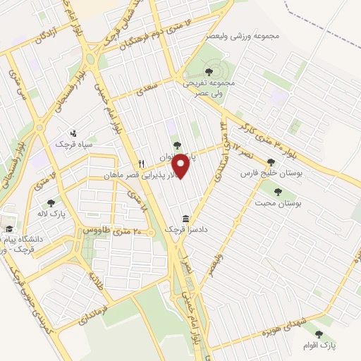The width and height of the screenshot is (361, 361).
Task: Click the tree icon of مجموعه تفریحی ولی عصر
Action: coord(209,72)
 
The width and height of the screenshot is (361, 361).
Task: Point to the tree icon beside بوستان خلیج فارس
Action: coord(271,162)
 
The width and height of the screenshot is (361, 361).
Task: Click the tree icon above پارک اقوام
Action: coord(319,334)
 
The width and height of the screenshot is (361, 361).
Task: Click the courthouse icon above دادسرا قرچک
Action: coord(185,219)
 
